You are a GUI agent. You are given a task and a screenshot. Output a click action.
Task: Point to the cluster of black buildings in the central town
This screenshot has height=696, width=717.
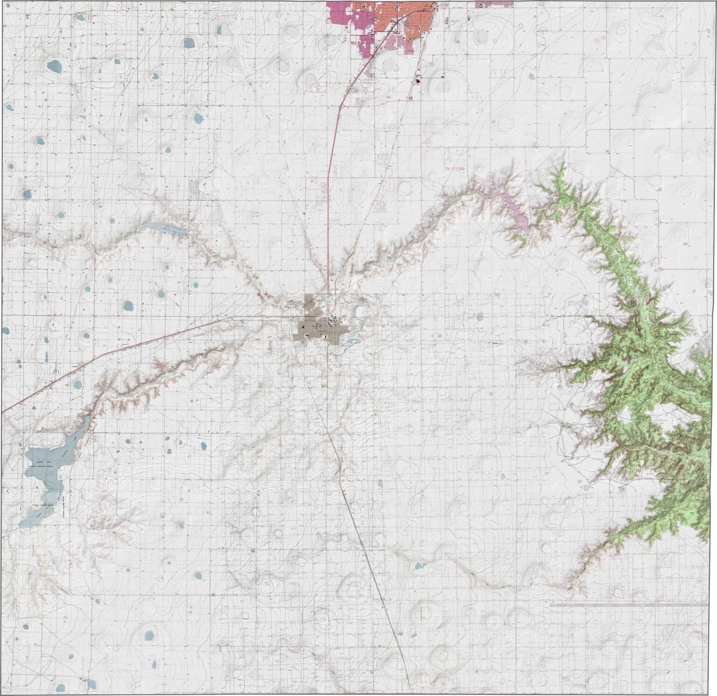pos(335,320)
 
